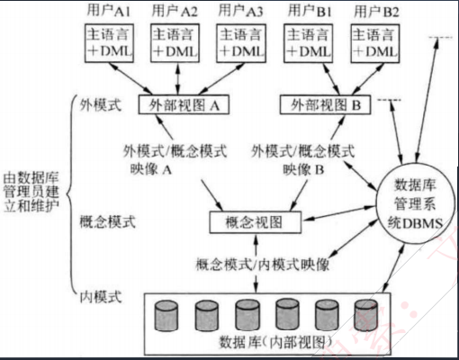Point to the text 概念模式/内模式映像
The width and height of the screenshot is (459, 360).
[261, 265]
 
